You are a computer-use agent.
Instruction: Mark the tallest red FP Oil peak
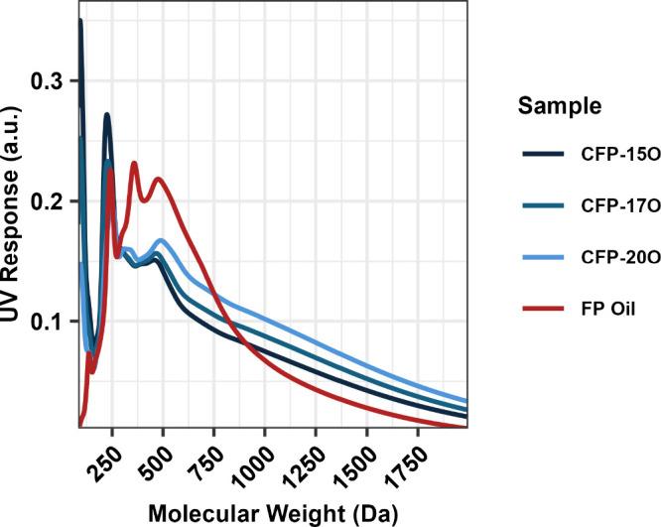tap(134, 163)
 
